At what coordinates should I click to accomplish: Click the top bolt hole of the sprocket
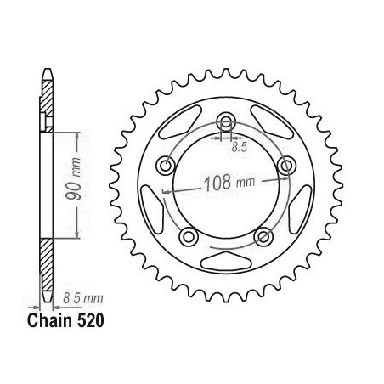pyautogui.click(x=226, y=122)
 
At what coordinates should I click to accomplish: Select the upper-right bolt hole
pyautogui.click(x=286, y=165)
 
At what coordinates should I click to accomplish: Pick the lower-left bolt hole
pyautogui.click(x=189, y=236)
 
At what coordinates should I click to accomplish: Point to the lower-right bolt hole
pyautogui.click(x=263, y=236)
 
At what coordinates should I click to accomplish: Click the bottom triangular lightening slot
pyautogui.click(x=226, y=261)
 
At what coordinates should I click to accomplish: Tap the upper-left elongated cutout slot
pyautogui.click(x=179, y=121)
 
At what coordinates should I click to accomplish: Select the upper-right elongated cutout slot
pyautogui.click(x=273, y=121)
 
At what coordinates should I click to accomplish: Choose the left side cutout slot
pyautogui.click(x=152, y=210)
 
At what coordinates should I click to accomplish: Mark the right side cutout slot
pyautogui.click(x=300, y=210)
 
